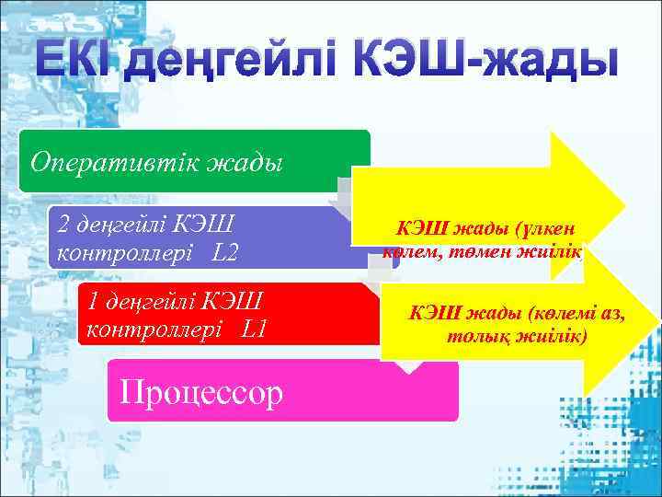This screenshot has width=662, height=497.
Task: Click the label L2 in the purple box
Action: [228, 250]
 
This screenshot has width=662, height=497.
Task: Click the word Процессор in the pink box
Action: [197, 393]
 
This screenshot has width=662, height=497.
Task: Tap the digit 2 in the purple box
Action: [63, 224]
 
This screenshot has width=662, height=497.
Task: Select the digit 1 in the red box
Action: [90, 300]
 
